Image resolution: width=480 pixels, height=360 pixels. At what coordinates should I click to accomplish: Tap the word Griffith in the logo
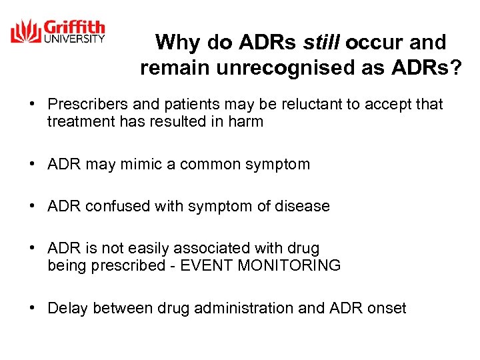click(x=74, y=28)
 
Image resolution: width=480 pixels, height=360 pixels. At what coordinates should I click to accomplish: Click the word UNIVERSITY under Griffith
click(x=74, y=39)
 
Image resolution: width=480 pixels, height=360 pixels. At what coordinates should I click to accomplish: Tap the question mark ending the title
click(x=456, y=68)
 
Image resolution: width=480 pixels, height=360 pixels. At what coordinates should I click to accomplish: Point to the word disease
click(x=303, y=206)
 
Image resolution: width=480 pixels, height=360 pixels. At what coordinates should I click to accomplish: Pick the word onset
click(x=386, y=308)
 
